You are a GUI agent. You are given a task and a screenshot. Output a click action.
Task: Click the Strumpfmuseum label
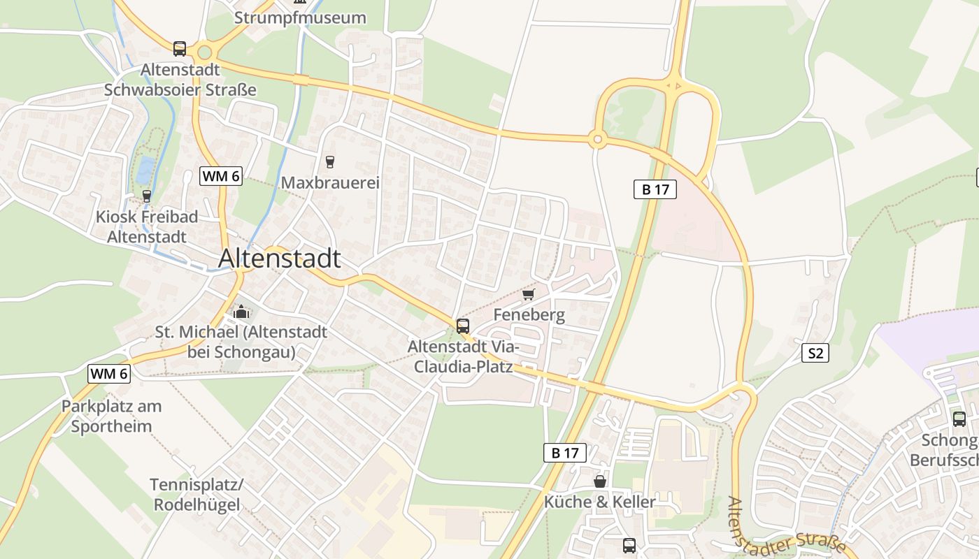coord(300,17)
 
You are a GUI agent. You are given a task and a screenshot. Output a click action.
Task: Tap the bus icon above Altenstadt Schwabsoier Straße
coord(180,48)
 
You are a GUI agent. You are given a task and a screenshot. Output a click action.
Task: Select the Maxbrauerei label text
coord(329,183)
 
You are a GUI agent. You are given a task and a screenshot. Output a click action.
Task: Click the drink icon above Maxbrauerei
coord(329,161)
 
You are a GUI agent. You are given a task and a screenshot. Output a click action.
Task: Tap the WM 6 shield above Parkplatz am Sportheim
coord(109,374)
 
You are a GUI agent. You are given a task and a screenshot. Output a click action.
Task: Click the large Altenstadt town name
coord(280,259)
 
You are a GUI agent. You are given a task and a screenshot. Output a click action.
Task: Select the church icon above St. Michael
coord(241,311)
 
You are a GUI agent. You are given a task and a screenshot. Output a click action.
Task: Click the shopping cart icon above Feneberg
coord(528,294)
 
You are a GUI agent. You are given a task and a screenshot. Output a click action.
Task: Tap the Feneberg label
coord(529,315)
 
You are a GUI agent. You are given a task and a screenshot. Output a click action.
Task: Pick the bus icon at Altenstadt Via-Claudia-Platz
coord(462,326)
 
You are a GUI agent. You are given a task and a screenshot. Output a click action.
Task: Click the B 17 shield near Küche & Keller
coord(564,453)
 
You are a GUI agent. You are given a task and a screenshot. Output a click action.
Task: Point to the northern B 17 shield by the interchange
coord(655,189)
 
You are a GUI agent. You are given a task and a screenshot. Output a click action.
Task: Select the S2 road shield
coord(815,354)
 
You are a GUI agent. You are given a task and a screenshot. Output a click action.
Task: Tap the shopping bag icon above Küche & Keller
coord(599,481)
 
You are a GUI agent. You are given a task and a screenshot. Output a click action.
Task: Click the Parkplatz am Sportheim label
coord(111,416)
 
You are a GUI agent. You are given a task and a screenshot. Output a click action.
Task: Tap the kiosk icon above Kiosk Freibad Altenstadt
coord(146,196)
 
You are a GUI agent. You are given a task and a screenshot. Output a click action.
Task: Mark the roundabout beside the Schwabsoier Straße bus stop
coord(204,52)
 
